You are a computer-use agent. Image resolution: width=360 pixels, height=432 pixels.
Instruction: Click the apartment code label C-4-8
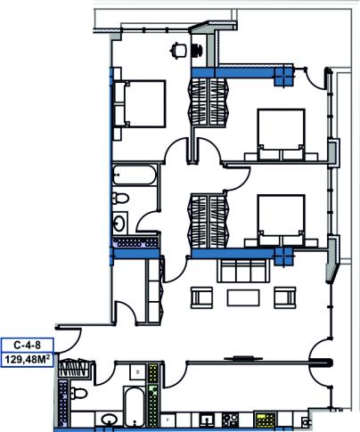coord(27,345)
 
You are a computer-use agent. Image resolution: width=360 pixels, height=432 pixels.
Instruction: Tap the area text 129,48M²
coord(27,360)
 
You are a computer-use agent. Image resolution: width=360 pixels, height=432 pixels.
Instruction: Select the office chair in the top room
coord(178,50)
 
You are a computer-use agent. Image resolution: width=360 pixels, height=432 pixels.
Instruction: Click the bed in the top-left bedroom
coord(140,104)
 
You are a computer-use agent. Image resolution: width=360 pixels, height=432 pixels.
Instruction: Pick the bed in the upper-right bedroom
coord(281,134)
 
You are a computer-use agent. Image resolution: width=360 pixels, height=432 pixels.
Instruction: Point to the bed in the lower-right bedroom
coord(281,221)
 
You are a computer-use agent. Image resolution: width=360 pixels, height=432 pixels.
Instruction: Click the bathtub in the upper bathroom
coord(135,175)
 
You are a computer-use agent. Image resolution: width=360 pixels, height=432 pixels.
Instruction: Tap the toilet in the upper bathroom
coord(120,198)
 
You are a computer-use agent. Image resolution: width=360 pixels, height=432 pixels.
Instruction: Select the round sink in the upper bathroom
coord(119,223)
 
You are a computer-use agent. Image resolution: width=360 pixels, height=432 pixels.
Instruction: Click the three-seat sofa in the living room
coord(243,270)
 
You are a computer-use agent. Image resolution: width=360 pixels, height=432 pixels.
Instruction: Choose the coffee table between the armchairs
coord(243,298)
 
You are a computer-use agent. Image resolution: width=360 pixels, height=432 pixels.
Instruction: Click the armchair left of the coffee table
coord(201,298)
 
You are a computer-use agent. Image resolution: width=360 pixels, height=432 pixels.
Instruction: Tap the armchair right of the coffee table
coord(285,298)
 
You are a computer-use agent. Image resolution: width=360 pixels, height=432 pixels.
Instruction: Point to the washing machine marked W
coord(137,371)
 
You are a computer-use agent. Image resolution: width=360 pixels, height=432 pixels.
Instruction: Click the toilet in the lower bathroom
coord(79,394)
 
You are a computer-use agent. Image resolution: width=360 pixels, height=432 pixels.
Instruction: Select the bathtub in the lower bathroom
coord(134,406)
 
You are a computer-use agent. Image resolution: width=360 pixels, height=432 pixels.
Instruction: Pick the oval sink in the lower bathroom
coord(109,420)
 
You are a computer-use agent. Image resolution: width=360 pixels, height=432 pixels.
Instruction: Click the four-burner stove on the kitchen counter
coord(230,419)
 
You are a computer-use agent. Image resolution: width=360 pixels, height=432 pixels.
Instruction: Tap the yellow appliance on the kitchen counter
coord(266,420)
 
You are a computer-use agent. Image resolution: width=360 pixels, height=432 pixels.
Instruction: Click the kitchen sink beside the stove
coord(207,420)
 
